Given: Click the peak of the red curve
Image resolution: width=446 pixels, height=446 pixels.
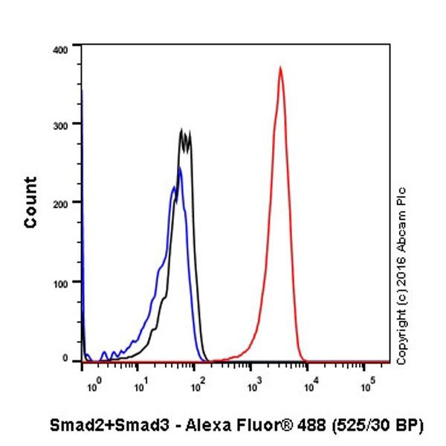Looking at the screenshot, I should coord(279,68).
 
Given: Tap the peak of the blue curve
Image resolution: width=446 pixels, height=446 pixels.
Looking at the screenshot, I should coord(180,167).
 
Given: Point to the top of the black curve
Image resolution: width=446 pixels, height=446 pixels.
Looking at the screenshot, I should coord(182,130).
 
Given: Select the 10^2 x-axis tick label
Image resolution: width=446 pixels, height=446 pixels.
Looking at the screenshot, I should coord(197,384).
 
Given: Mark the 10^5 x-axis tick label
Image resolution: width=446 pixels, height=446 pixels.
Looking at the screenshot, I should coord(368,384).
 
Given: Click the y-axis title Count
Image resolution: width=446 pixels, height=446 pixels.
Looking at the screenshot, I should coord(30,202).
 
